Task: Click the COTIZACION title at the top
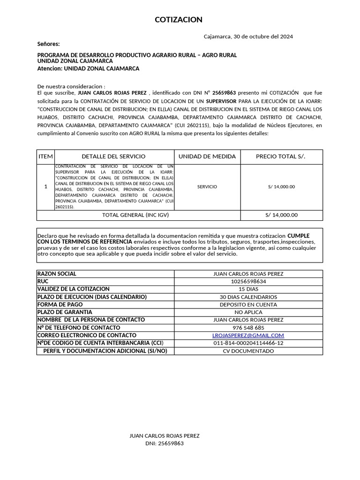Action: (x=179, y=20)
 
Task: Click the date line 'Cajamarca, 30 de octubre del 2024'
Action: (x=248, y=37)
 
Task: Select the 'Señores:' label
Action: (x=49, y=44)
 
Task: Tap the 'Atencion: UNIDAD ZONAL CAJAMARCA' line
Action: (x=88, y=68)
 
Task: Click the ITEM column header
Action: (x=46, y=157)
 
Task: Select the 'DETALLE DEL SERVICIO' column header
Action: (x=113, y=157)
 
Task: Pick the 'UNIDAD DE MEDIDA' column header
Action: (x=207, y=157)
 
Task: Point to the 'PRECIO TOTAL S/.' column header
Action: (x=280, y=157)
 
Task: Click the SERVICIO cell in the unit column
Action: (x=207, y=187)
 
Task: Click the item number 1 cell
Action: (x=46, y=187)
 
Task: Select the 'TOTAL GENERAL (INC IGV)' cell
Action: (x=135, y=215)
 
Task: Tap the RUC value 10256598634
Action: (x=248, y=281)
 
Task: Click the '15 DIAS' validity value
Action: (x=248, y=289)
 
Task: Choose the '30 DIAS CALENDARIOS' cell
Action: (x=248, y=297)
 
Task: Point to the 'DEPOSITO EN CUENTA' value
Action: (x=248, y=304)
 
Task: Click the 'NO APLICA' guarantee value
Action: (x=248, y=312)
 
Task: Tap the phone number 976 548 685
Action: (x=248, y=328)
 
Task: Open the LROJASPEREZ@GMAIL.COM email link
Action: (x=248, y=335)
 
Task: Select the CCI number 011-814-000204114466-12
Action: (x=248, y=343)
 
